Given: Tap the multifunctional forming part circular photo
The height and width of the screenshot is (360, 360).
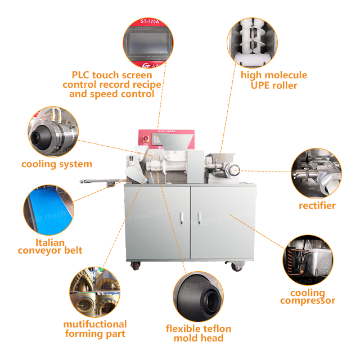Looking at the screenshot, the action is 94,292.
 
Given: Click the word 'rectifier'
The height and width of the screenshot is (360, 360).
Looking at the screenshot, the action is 317,205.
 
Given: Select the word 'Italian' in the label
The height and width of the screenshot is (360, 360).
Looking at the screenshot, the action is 49,242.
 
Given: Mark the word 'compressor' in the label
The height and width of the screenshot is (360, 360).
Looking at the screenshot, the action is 308,301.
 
